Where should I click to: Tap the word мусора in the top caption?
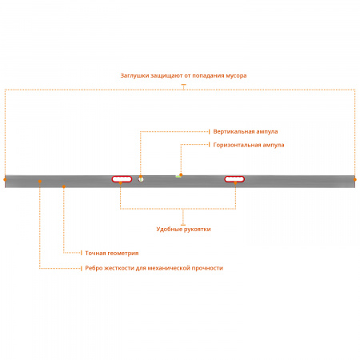[236, 76]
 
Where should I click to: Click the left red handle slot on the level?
[122, 179]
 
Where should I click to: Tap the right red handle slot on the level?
[234, 179]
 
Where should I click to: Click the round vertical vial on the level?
[141, 179]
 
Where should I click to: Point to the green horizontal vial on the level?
[178, 177]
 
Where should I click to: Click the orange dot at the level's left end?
[5, 179]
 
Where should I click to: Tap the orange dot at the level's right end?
[355, 179]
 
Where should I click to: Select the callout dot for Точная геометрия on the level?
[64, 186]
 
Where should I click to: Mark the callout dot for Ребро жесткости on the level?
[40, 182]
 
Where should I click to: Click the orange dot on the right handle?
[235, 182]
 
